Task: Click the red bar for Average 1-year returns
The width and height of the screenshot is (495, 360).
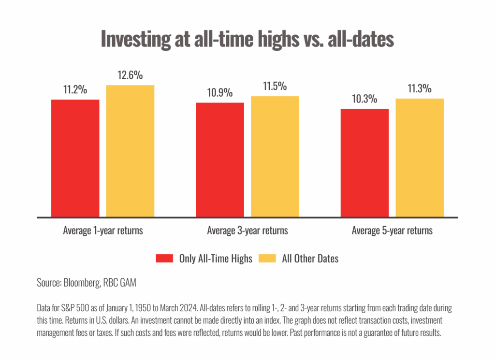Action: pos(75,158)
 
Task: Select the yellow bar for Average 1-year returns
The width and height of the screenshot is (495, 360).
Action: pos(130,151)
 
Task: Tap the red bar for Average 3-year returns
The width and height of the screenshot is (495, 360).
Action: pos(219,159)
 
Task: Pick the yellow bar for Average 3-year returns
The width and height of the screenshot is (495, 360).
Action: pos(275,156)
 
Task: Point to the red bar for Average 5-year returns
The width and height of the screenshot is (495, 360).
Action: pos(364,163)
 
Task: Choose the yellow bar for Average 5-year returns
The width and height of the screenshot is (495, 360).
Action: pos(420,158)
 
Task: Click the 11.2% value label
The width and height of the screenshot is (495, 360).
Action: pos(75,89)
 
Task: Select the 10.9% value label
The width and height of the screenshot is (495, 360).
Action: pos(219,92)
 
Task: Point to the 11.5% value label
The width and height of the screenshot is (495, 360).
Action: pos(275,86)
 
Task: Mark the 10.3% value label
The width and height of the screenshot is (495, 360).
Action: pos(364,99)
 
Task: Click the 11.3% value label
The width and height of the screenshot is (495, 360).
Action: pos(420,88)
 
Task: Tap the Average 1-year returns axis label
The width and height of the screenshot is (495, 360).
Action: pos(103,230)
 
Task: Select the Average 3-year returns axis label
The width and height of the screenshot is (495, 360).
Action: pos(247,230)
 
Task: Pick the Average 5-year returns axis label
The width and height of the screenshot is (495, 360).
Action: pos(392,230)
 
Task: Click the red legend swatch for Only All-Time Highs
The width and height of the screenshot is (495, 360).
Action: pos(164,259)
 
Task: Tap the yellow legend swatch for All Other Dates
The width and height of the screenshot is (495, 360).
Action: pos(267,259)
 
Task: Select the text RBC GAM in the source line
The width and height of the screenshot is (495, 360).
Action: pos(119,283)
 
